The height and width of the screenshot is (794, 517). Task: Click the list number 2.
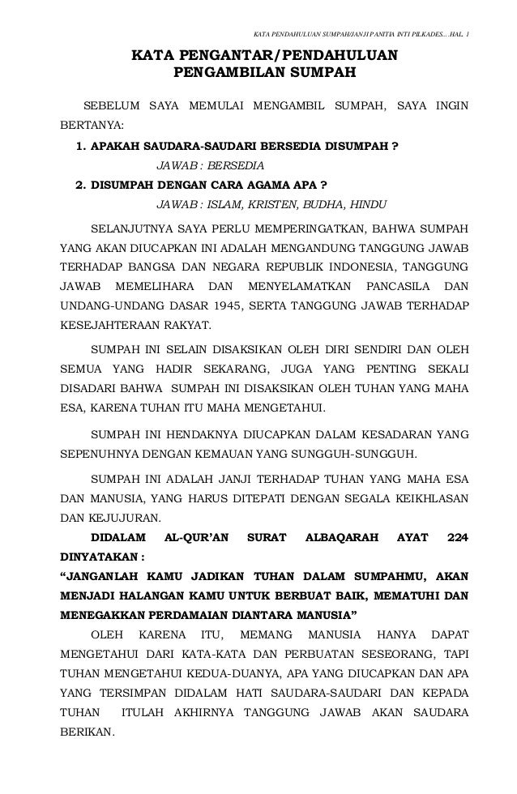[79, 183]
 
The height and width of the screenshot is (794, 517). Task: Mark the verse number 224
[460, 537]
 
